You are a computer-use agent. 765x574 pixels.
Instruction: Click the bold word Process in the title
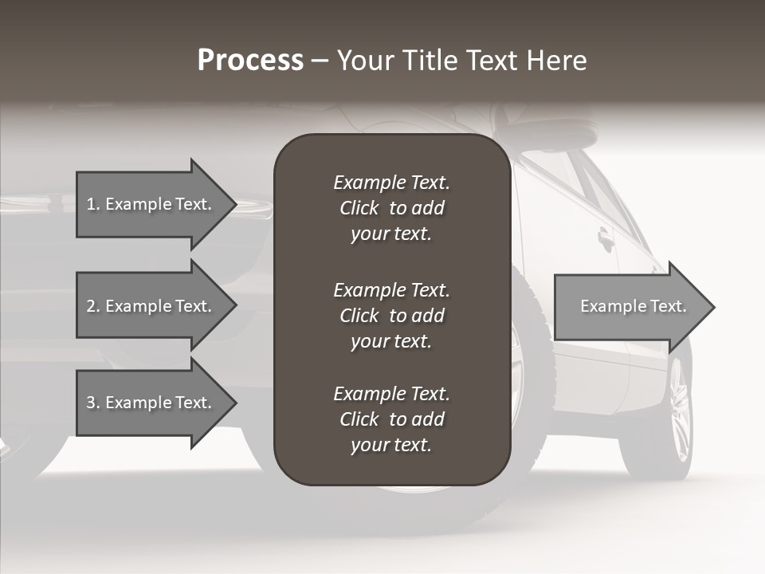[x=250, y=61]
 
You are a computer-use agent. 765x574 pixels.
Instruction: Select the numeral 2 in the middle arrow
[x=90, y=306]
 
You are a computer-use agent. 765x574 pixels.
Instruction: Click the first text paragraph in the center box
[x=391, y=208]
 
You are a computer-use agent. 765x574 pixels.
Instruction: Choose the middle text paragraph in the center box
[x=391, y=316]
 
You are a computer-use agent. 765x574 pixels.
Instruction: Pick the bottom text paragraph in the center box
[x=391, y=419]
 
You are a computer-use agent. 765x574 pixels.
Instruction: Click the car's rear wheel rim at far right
[x=679, y=411]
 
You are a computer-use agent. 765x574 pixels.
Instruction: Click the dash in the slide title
[x=320, y=61]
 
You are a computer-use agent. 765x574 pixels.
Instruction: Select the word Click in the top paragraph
[x=359, y=208]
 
